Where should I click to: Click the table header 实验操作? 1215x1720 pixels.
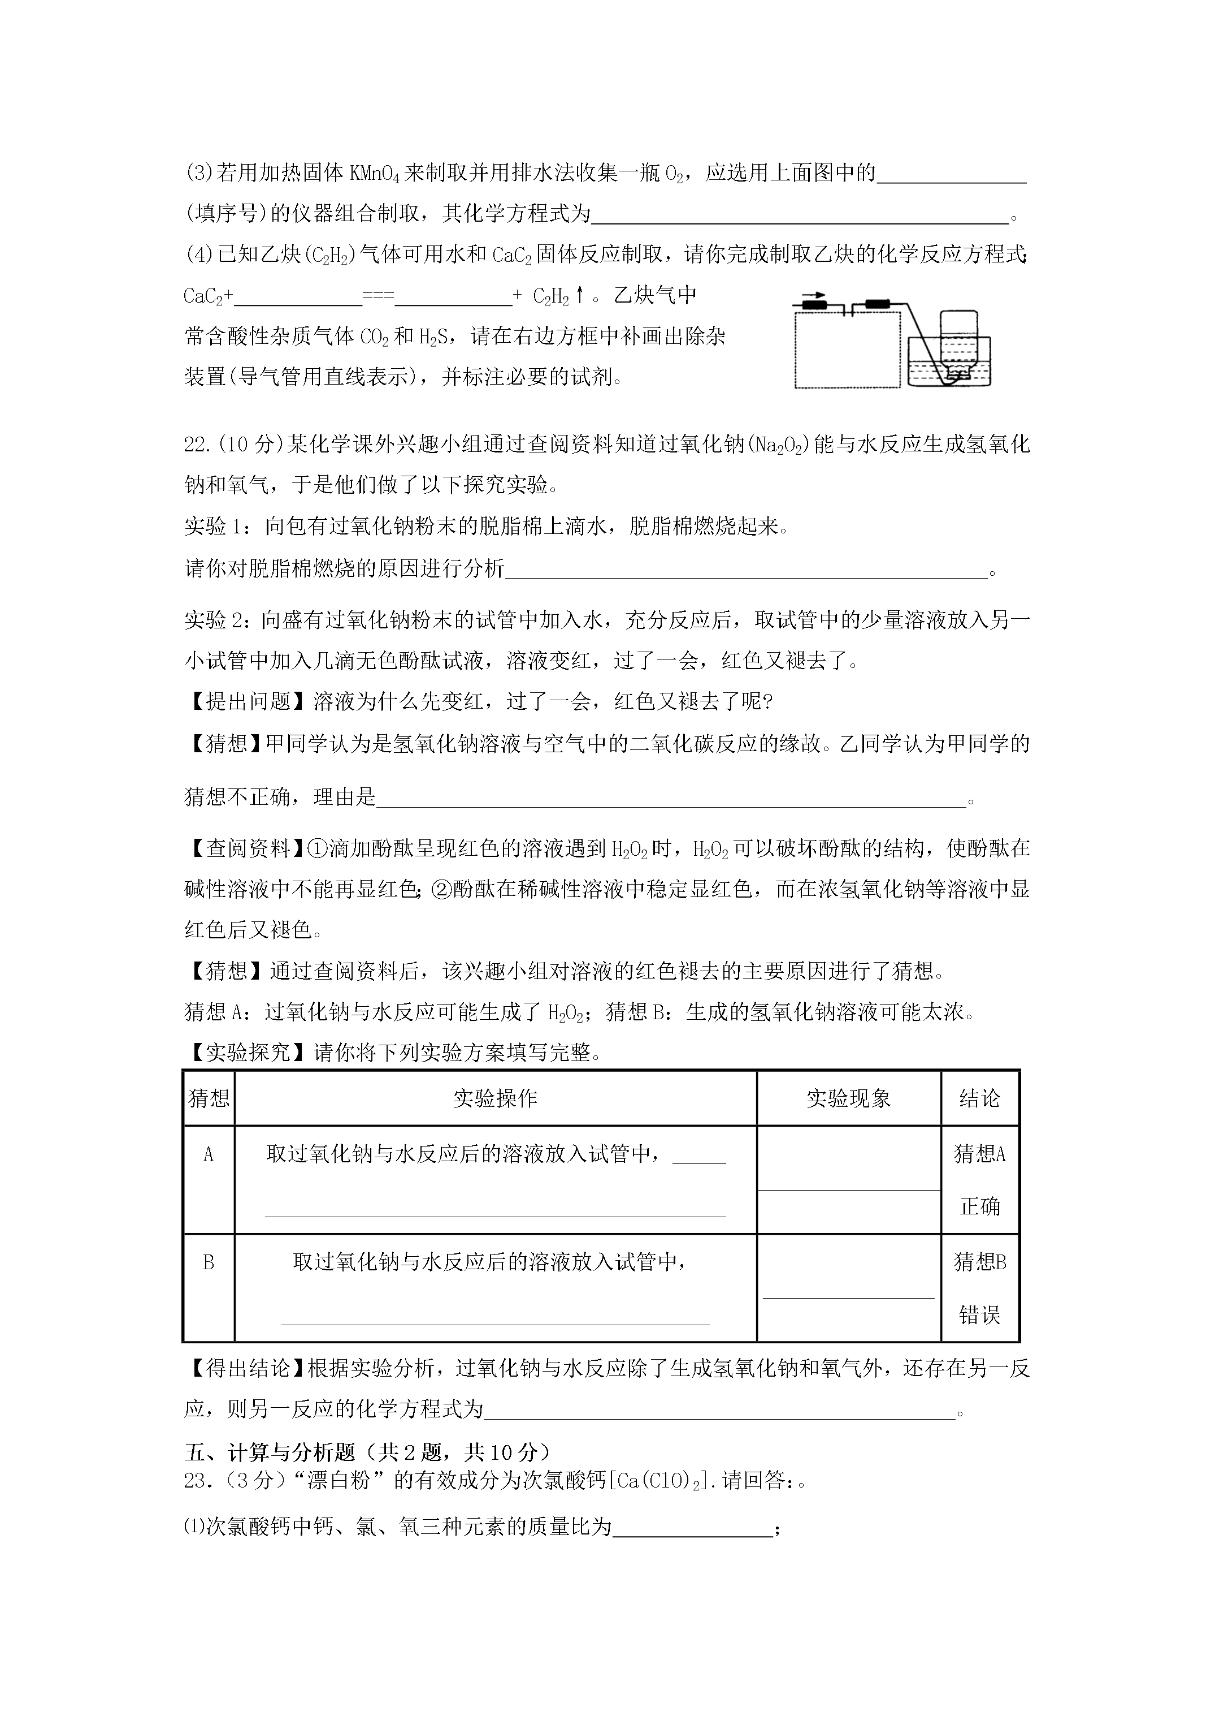pos(495,1098)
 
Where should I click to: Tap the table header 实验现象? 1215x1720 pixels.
pos(848,1098)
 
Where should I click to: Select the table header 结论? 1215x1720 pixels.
pos(979,1098)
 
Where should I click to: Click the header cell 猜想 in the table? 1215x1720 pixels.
pos(209,1098)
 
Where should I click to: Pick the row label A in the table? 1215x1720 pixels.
pos(209,1154)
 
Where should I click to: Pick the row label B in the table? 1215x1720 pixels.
pos(209,1263)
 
